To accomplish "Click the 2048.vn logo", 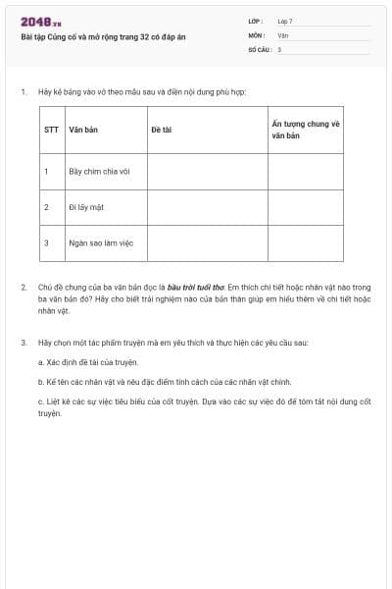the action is pyautogui.click(x=41, y=22).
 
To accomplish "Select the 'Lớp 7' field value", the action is pyautogui.click(x=285, y=20).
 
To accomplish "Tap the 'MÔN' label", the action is pyautogui.click(x=256, y=34).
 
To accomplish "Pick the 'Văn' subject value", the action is pyautogui.click(x=283, y=34).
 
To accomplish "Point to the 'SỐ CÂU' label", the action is pyautogui.click(x=258, y=48).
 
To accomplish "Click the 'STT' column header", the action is pyautogui.click(x=51, y=130).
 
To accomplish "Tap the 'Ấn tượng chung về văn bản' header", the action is pyautogui.click(x=305, y=130).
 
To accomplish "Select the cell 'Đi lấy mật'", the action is pyautogui.click(x=86, y=207).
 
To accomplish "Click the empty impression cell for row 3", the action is pyautogui.click(x=305, y=242).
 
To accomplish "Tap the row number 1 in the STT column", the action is pyautogui.click(x=46, y=171).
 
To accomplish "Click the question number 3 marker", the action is pyautogui.click(x=24, y=343).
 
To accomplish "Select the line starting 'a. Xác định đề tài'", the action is pyautogui.click(x=87, y=362).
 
